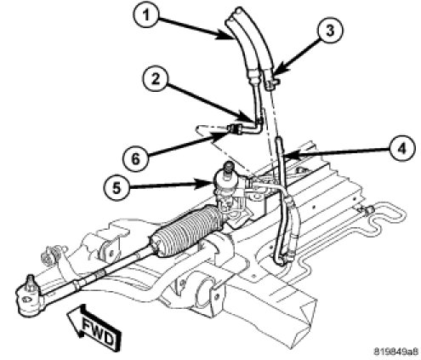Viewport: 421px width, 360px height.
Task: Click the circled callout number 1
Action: point(145,15)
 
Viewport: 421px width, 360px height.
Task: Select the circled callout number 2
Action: point(155,80)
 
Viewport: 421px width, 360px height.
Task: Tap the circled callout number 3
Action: point(330,30)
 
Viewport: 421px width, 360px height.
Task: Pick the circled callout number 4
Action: point(402,148)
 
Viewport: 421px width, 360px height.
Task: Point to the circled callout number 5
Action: point(117,187)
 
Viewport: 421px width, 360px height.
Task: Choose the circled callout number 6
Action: point(135,158)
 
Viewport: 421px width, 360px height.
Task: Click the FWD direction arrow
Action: point(94,327)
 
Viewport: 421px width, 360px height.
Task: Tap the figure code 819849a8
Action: point(395,351)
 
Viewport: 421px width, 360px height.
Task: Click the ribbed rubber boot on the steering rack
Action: point(187,229)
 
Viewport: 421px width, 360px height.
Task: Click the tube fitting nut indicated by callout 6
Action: point(235,129)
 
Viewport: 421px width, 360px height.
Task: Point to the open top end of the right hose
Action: point(240,11)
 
